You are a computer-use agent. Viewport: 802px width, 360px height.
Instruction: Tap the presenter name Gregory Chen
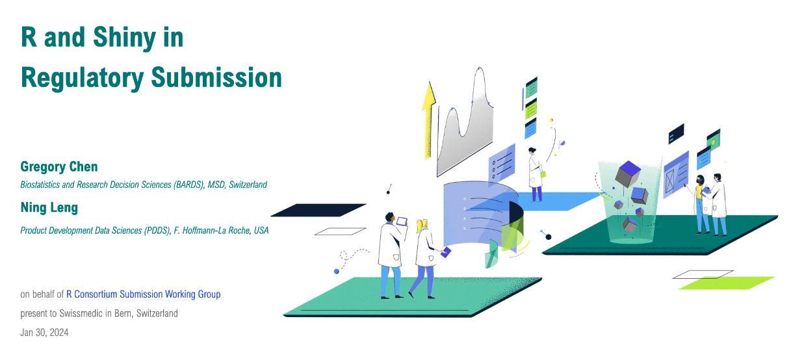pos(59,167)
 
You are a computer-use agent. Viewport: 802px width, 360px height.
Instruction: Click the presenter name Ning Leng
pos(48,208)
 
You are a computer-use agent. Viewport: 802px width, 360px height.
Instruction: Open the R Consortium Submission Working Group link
pos(143,294)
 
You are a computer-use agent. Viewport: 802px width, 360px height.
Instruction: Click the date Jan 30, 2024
pos(44,332)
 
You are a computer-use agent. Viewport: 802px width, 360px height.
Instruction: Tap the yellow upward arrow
pos(428,120)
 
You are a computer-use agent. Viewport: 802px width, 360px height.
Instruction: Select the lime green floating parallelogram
pos(726,283)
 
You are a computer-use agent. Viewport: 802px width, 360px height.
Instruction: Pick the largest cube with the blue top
pos(628,173)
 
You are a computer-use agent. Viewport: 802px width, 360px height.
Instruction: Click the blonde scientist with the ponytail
pos(425,257)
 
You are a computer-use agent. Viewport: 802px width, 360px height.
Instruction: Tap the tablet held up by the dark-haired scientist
pos(402,222)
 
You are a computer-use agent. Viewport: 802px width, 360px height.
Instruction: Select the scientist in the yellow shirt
pos(701,201)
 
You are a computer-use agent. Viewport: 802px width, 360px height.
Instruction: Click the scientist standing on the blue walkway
pos(536,174)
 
